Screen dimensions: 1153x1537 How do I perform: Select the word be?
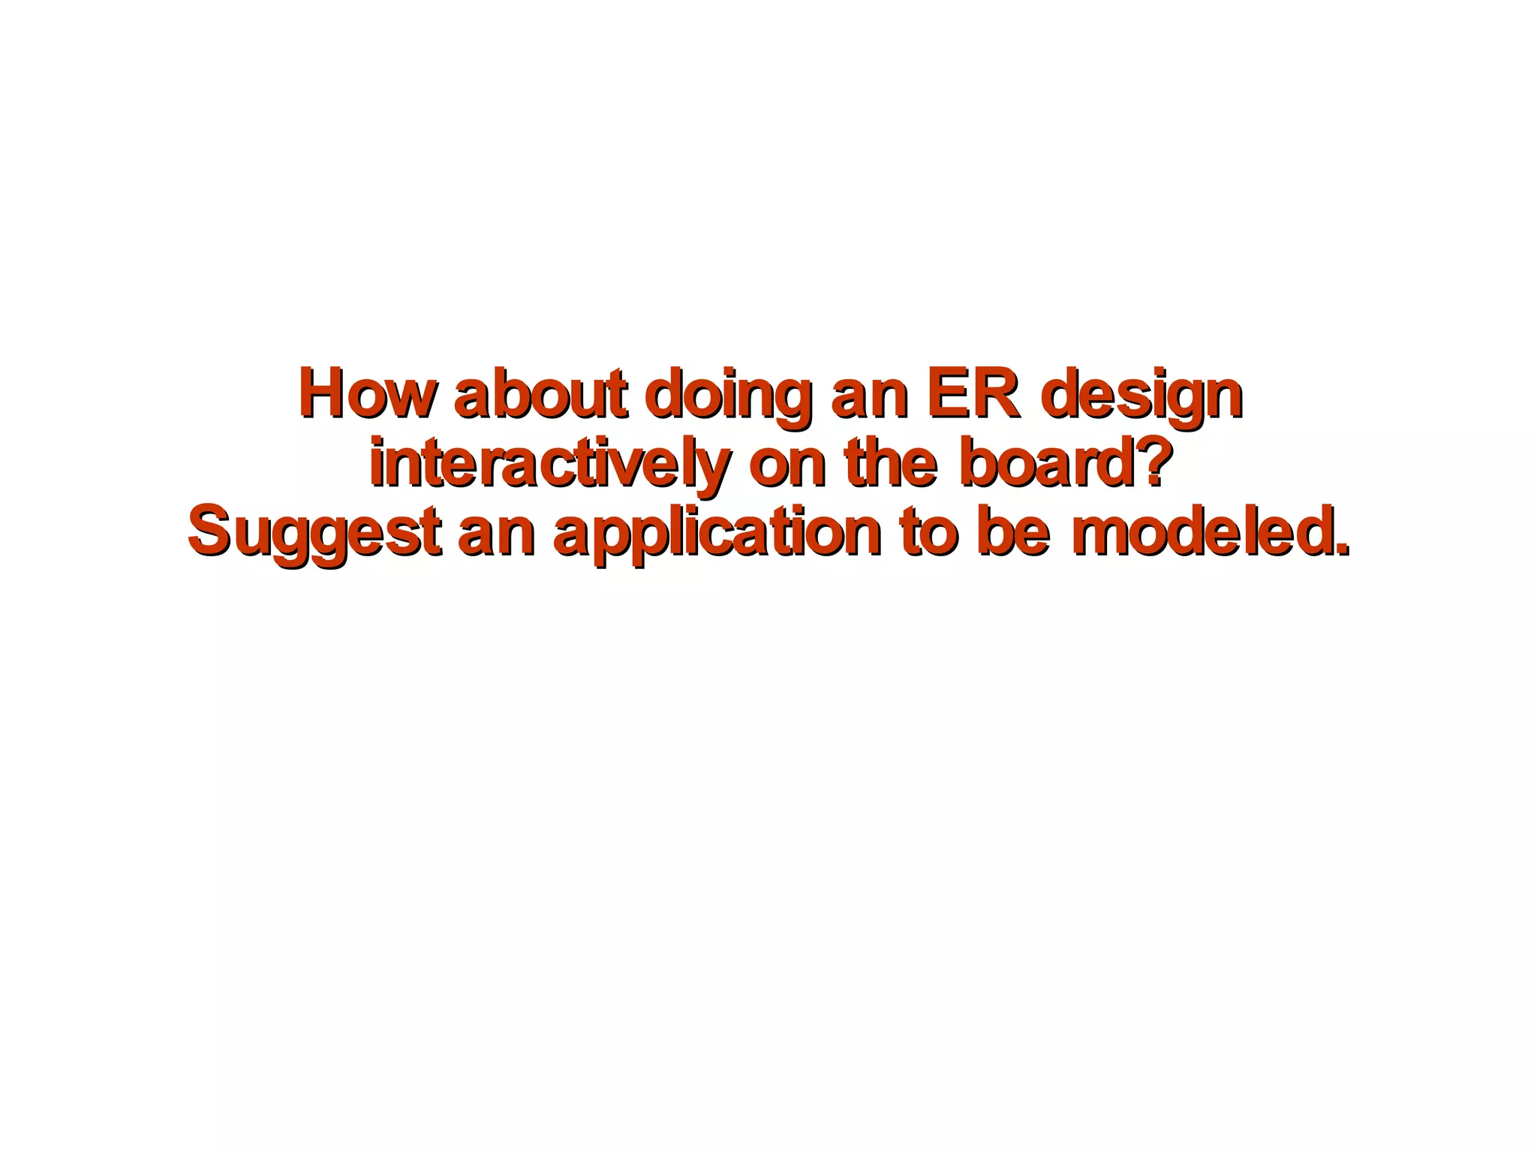[x=1012, y=533]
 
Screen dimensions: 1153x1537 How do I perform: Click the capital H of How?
[x=323, y=393]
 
